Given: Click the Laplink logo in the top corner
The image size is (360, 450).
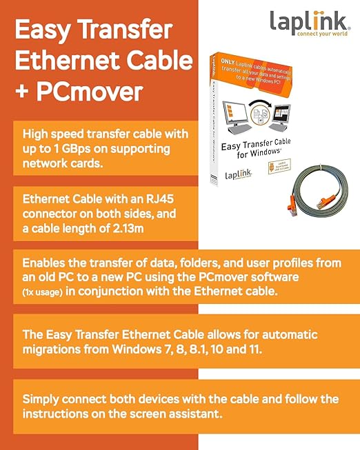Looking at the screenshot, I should pos(308,20).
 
